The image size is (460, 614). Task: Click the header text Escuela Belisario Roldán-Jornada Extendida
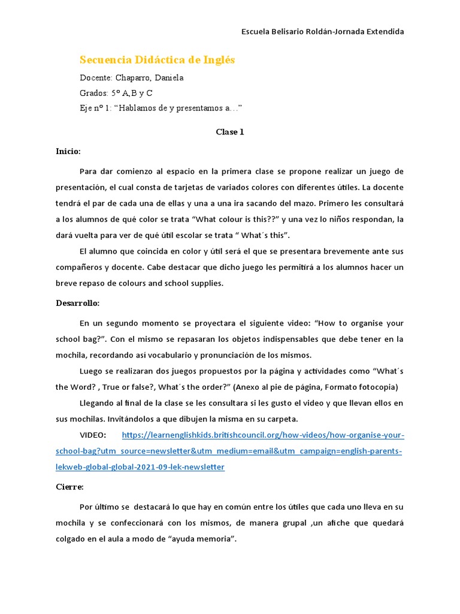click(x=322, y=31)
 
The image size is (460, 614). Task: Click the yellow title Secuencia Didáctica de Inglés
click(x=157, y=60)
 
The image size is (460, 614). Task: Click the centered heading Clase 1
click(x=230, y=132)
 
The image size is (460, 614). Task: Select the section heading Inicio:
click(x=68, y=151)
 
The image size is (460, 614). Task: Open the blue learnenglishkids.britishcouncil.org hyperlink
click(x=262, y=435)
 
